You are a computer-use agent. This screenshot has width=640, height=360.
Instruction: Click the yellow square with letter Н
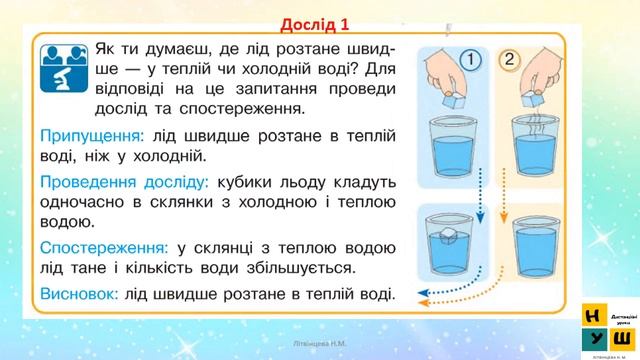point(592,313)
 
